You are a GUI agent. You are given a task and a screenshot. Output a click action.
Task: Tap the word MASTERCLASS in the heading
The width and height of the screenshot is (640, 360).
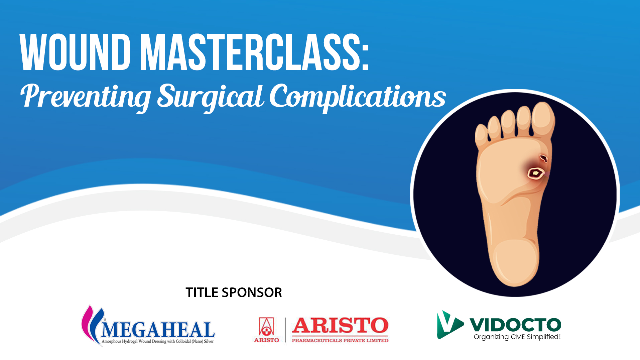[255, 52]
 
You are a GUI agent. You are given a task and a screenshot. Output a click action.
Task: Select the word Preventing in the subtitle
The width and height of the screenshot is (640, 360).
[86, 97]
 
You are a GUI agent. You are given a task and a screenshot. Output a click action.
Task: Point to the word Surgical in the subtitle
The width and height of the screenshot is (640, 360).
[210, 97]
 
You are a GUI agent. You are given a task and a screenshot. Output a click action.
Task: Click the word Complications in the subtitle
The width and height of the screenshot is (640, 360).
[358, 97]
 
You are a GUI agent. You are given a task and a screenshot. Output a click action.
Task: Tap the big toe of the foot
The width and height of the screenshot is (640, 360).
[543, 119]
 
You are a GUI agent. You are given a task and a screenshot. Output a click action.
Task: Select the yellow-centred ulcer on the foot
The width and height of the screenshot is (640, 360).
[535, 173]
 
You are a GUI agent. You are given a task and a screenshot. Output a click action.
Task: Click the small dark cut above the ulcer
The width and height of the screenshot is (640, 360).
[544, 158]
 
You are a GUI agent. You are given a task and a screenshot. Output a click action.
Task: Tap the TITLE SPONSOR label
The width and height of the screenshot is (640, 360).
[234, 293]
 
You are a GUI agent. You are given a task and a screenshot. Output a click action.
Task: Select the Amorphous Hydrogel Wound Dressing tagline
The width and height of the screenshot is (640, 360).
[158, 341]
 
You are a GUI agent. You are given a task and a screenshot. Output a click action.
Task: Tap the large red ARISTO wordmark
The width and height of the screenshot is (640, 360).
[340, 326]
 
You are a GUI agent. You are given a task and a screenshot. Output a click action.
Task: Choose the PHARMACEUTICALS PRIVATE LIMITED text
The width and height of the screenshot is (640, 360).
[340, 340]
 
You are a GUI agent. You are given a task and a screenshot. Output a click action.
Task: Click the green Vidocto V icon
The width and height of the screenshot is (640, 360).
[449, 325]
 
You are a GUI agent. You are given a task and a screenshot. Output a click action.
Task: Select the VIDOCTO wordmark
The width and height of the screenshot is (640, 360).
[515, 325]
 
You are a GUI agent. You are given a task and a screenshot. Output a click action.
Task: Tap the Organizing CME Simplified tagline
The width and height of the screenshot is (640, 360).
[517, 337]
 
